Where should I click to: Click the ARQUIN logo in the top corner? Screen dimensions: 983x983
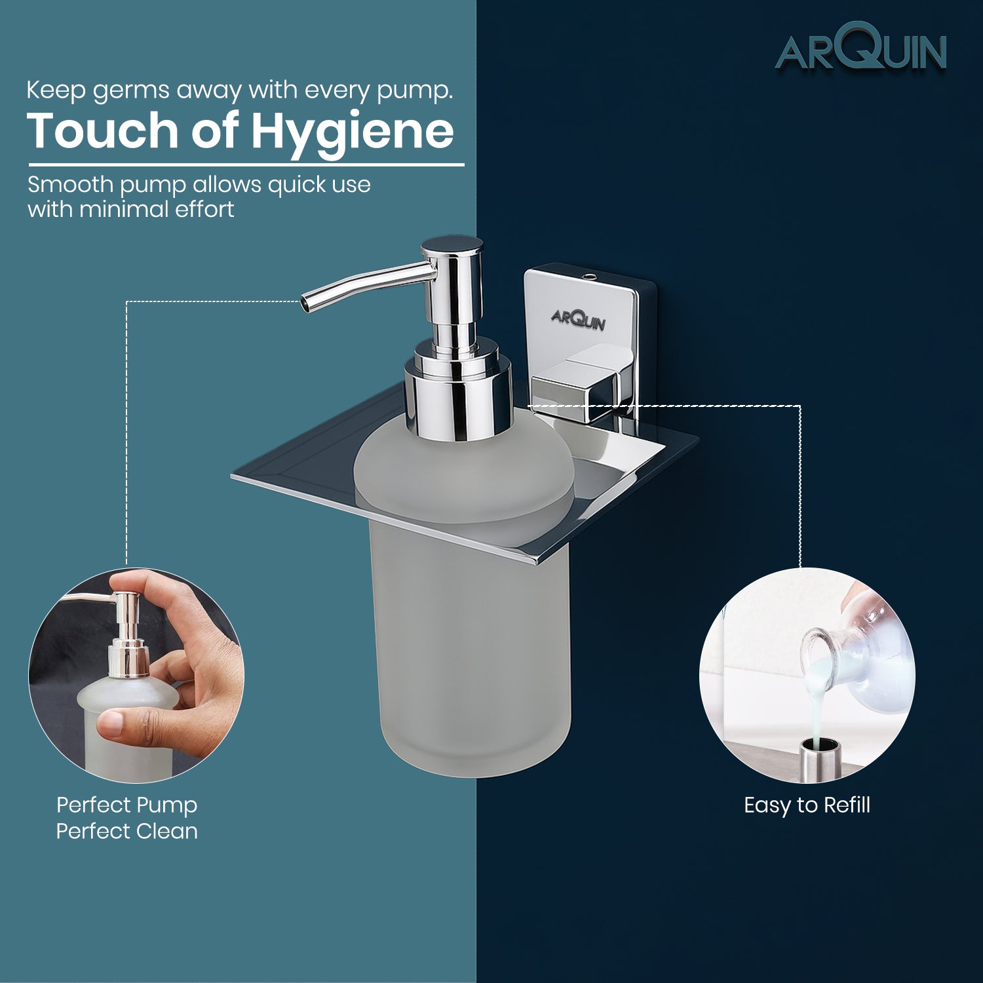click(x=861, y=47)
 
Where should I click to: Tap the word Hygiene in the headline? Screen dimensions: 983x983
click(x=352, y=132)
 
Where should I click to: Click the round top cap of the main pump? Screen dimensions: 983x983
click(x=452, y=246)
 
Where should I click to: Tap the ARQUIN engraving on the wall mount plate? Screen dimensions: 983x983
click(x=578, y=319)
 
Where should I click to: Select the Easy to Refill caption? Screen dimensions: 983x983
click(x=807, y=805)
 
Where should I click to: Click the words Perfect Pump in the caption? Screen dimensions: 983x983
click(x=126, y=805)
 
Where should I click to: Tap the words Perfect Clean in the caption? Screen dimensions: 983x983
click(x=126, y=831)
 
